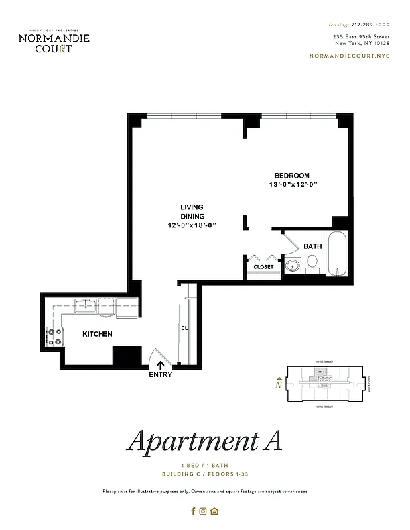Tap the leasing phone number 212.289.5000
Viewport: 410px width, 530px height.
pyautogui.click(x=368, y=24)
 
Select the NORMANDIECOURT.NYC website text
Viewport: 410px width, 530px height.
pyautogui.click(x=350, y=56)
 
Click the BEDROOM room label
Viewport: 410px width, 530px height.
pyautogui.click(x=292, y=175)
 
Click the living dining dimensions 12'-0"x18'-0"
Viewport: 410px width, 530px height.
pyautogui.click(x=192, y=225)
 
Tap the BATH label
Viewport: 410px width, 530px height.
pyautogui.click(x=312, y=246)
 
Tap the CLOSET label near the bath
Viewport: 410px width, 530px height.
pyautogui.click(x=263, y=267)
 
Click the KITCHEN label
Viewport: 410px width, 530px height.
pyautogui.click(x=98, y=334)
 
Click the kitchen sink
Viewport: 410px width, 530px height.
pyautogui.click(x=86, y=306)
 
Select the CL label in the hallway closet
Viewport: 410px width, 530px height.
pyautogui.click(x=185, y=327)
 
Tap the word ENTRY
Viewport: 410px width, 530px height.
pyautogui.click(x=161, y=375)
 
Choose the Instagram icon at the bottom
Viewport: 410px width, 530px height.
pyautogui.click(x=204, y=511)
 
